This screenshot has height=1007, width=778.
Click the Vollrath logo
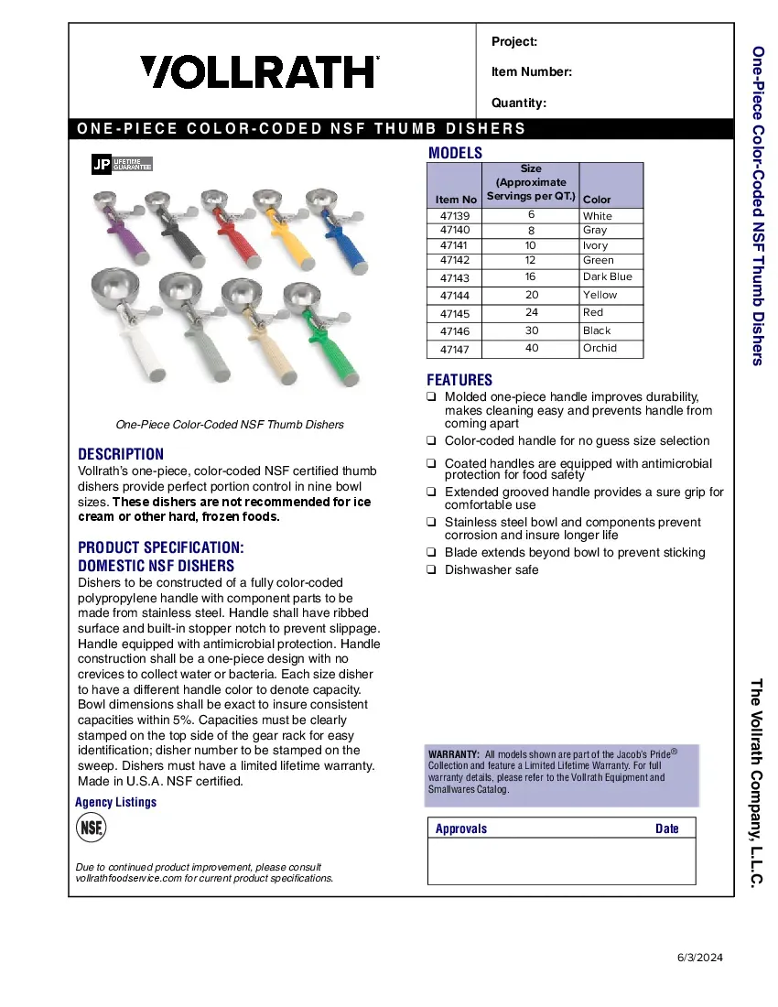tap(260, 71)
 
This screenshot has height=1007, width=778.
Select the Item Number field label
tap(532, 72)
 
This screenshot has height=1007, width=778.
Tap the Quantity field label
tap(519, 103)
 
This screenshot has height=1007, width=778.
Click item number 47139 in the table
tap(455, 216)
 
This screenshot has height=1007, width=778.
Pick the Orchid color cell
tap(600, 348)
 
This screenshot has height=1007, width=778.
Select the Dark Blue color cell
tap(607, 276)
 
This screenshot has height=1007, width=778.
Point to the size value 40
tap(532, 348)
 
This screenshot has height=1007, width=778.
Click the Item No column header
tap(456, 199)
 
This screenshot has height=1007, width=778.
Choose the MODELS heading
tap(455, 153)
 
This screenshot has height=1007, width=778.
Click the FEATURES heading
tap(459, 380)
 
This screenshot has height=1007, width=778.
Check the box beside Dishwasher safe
tap(430, 569)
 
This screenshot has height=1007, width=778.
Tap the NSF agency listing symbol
tap(90, 828)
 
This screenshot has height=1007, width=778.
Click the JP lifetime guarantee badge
tap(122, 165)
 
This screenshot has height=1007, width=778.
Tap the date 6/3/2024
tap(700, 958)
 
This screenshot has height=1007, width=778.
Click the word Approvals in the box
tap(461, 828)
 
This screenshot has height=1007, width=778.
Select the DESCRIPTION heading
tap(121, 454)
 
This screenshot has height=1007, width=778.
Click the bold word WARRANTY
tap(453, 753)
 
